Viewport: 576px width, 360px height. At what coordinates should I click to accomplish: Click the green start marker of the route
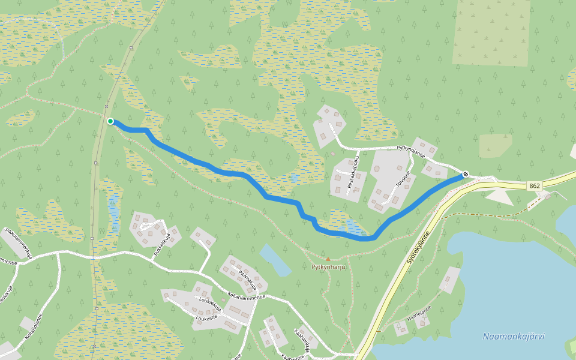point(110,121)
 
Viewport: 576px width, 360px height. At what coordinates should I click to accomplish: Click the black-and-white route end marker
point(466,174)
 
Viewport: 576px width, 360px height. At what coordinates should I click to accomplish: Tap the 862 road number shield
point(535,186)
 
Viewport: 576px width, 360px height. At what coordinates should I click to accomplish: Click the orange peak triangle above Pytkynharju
point(328,259)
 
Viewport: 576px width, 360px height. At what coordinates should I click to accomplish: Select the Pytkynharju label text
point(329,267)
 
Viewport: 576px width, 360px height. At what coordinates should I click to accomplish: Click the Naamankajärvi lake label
point(513,337)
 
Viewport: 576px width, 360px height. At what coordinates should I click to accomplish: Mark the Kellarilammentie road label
point(246,296)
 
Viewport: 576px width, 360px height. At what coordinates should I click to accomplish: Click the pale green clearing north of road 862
point(495,145)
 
